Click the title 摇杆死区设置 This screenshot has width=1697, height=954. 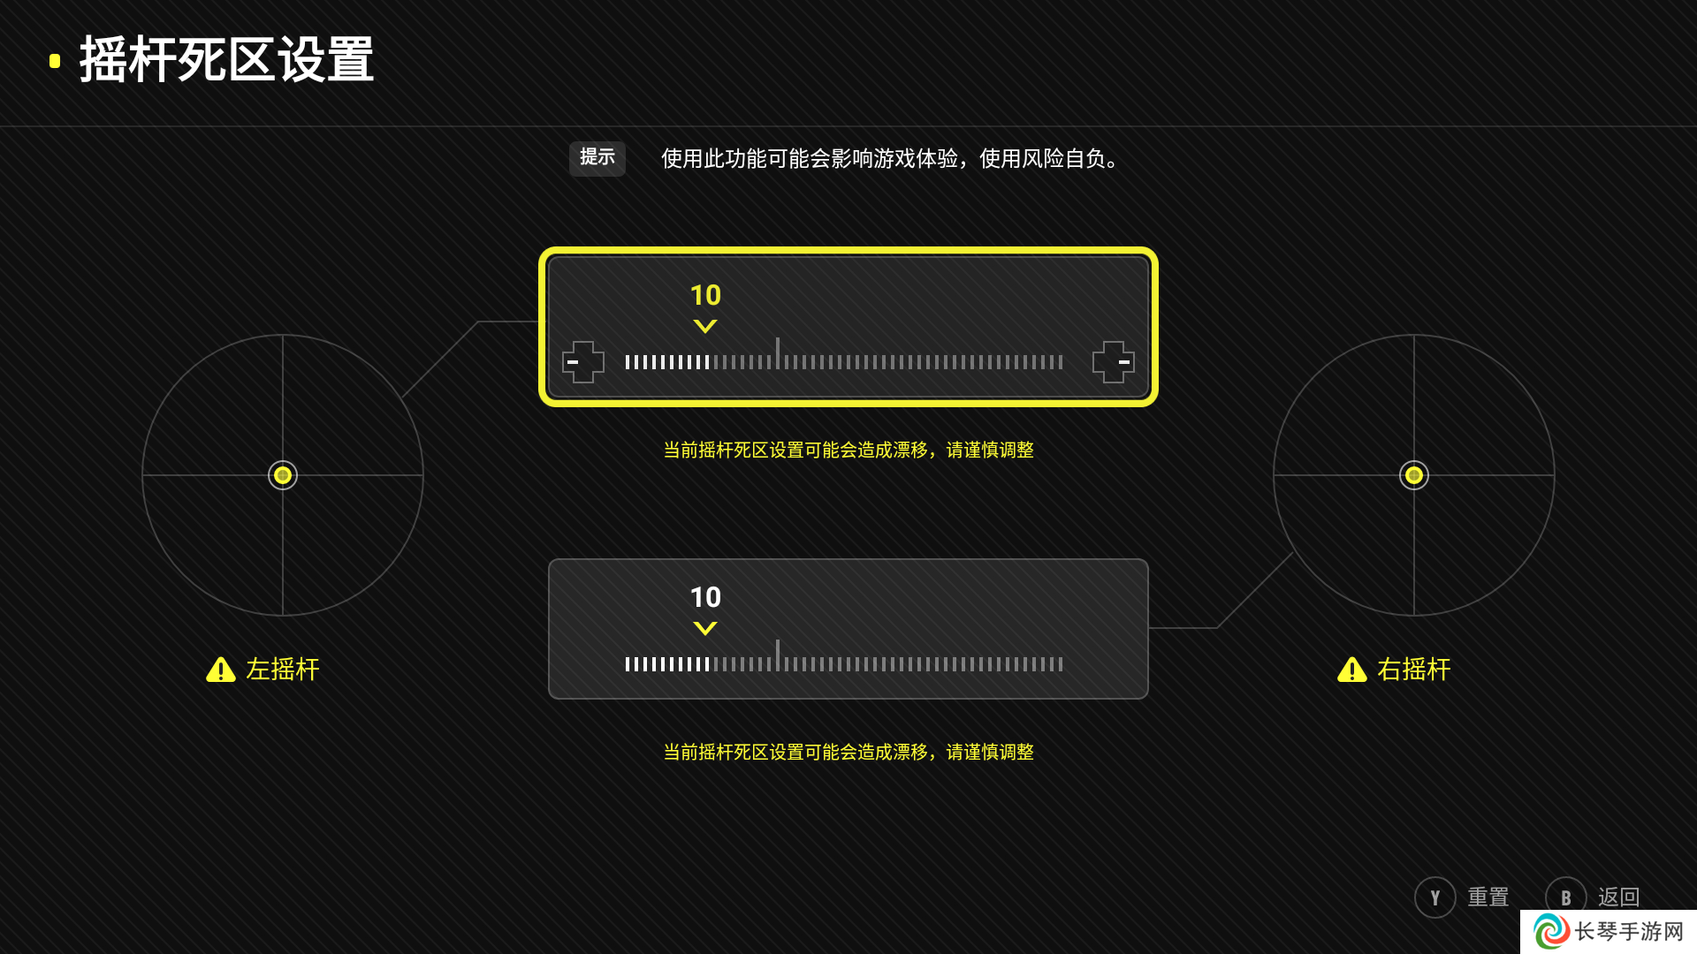pos(226,60)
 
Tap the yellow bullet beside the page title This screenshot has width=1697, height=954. pos(55,61)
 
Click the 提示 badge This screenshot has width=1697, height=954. pos(597,158)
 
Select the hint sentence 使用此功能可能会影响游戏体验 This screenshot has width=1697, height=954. pos(810,159)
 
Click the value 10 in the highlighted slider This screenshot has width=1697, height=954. pos(705,295)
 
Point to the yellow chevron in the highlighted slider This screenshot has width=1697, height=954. pos(705,327)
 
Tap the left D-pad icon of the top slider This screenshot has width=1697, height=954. pos(583,362)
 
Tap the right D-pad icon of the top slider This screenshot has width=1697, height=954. pos(1114,362)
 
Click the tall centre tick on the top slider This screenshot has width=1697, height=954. pos(778,353)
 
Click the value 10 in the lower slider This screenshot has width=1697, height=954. pos(705,597)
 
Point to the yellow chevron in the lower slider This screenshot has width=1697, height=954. pos(705,629)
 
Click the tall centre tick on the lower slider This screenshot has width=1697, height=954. pos(778,655)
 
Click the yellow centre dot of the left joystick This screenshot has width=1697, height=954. pos(283,475)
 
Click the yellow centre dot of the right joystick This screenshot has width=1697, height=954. pos(1414,475)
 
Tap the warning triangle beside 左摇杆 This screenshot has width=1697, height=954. pos(221,670)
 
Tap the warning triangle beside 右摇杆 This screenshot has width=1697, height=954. pos(1352,670)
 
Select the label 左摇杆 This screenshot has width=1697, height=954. pos(283,670)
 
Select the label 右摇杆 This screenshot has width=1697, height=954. pos(1414,670)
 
